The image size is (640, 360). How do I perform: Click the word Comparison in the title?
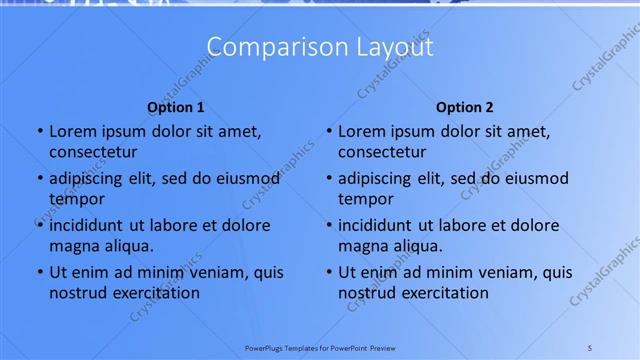(262, 47)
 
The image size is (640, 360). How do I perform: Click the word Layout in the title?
(384, 47)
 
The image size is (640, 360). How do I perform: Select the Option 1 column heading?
(176, 107)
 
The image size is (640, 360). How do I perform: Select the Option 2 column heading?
(465, 107)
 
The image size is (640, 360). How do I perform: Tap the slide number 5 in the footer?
(589, 348)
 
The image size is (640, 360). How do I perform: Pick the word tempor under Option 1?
(76, 200)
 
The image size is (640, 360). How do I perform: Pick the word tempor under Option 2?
(365, 200)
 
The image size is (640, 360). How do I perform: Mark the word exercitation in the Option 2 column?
(444, 293)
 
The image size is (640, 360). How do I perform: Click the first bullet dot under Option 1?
(39, 132)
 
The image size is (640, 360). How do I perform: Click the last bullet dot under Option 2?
(328, 272)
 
